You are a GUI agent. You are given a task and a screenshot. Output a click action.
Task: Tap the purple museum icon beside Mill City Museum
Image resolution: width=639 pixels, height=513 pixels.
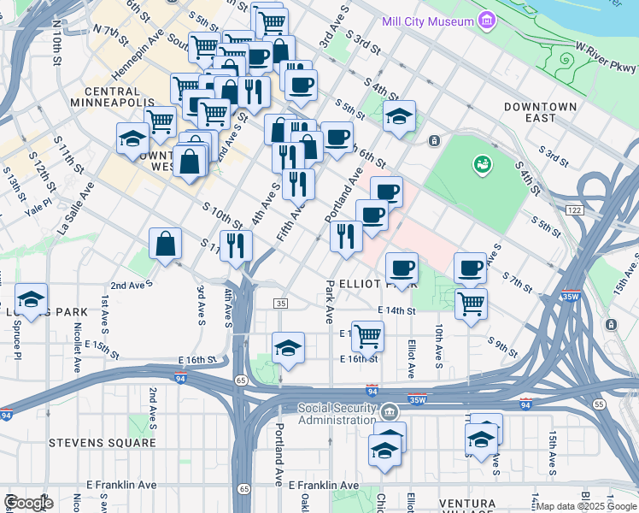coord(486,20)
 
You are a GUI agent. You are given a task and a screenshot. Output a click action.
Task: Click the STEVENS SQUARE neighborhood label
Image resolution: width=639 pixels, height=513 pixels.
coord(103,443)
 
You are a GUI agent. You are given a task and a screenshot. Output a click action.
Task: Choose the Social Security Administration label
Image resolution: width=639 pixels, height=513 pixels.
coord(337,414)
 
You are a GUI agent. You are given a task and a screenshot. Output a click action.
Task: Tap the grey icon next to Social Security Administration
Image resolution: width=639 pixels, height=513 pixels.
coord(390,413)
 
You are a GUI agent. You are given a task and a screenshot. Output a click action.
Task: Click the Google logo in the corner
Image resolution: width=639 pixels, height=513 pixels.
coord(28,503)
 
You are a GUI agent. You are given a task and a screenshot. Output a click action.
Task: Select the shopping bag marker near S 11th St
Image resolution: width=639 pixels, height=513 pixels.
coord(166,244)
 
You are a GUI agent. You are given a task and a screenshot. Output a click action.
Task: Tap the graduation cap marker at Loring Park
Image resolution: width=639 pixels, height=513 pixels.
coord(32,300)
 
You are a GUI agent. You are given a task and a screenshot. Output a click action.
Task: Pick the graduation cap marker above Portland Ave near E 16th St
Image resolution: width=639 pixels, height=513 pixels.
coord(289,348)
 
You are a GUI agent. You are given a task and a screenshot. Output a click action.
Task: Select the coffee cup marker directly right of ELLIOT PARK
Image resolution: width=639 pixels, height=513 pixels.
coord(402,268)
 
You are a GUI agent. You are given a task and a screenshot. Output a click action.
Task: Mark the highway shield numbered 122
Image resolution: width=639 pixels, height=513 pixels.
coord(572,209)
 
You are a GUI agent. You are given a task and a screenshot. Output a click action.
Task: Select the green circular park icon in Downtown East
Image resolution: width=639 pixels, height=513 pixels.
coord(483,162)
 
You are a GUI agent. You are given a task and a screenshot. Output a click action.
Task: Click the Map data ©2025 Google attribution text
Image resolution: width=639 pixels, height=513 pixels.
coord(586,506)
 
